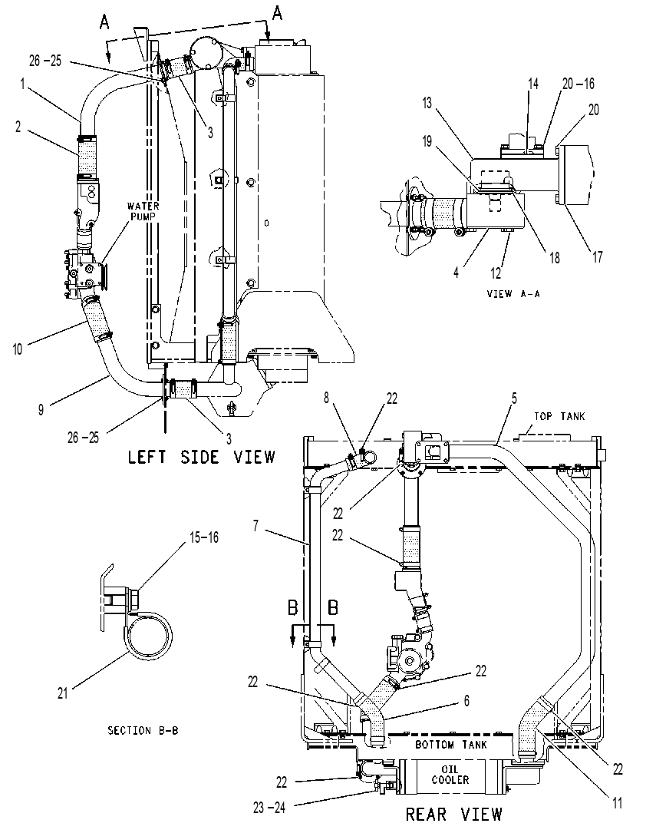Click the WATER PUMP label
[143, 211]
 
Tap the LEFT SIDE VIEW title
[202, 457]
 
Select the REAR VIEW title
[454, 814]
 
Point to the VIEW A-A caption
[513, 293]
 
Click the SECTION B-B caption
[143, 730]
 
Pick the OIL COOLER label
[450, 775]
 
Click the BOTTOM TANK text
[450, 744]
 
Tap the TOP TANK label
[559, 416]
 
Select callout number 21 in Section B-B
[63, 693]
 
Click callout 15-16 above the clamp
[204, 537]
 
